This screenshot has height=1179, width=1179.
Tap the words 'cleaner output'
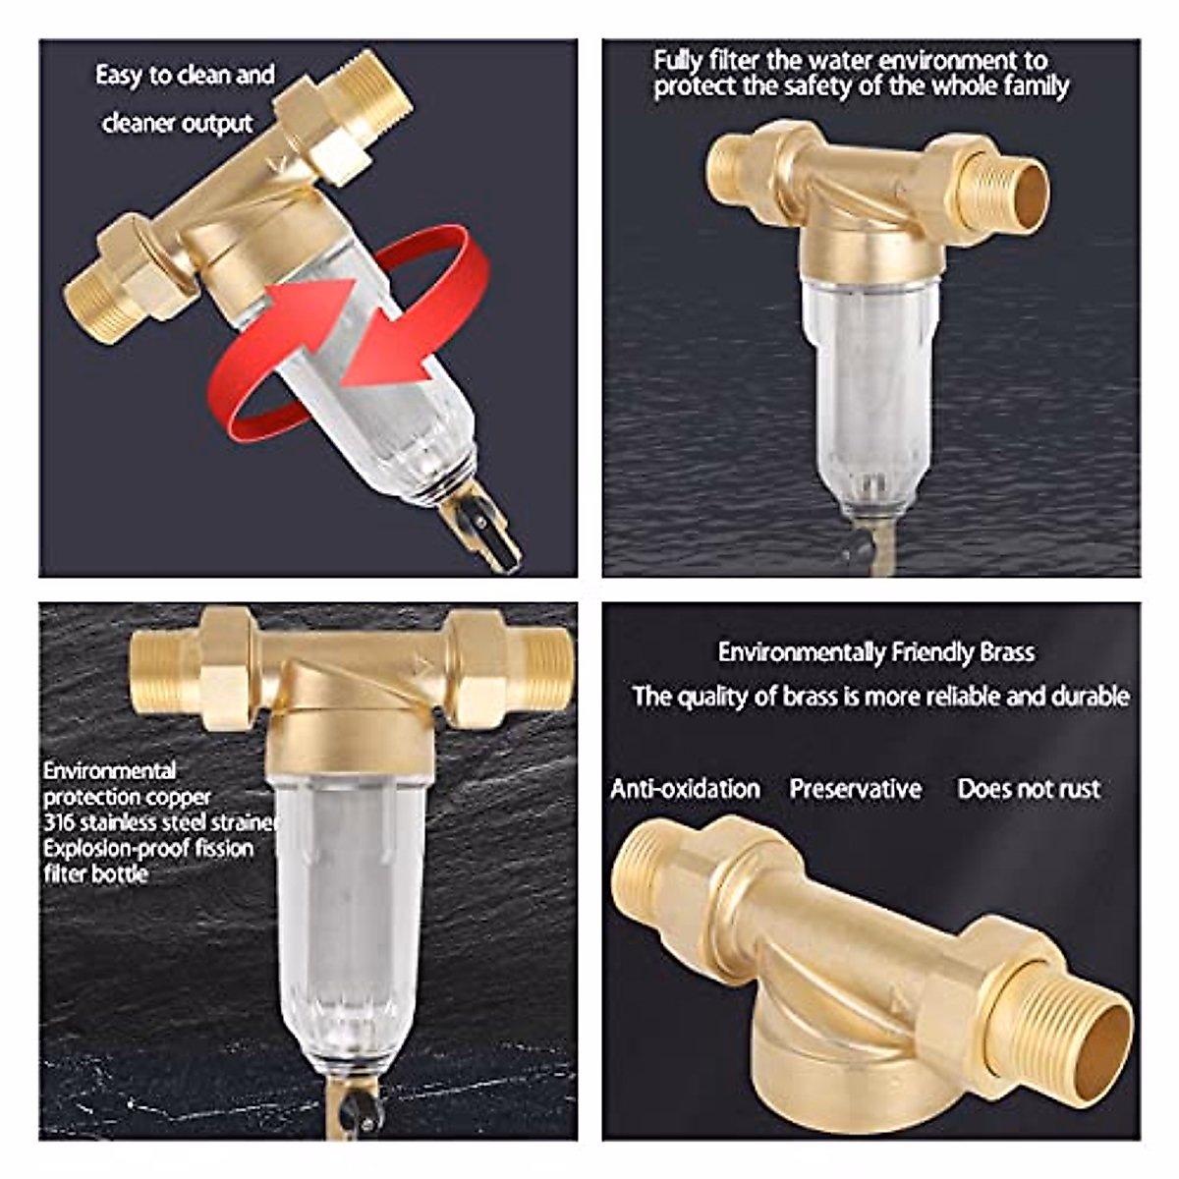click(178, 124)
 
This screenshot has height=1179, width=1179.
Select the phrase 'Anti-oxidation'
click(685, 789)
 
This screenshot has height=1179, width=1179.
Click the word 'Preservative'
click(856, 789)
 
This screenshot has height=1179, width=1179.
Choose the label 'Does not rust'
click(1029, 789)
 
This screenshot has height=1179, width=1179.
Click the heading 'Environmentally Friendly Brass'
click(875, 652)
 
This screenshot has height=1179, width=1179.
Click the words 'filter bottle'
click(95, 873)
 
